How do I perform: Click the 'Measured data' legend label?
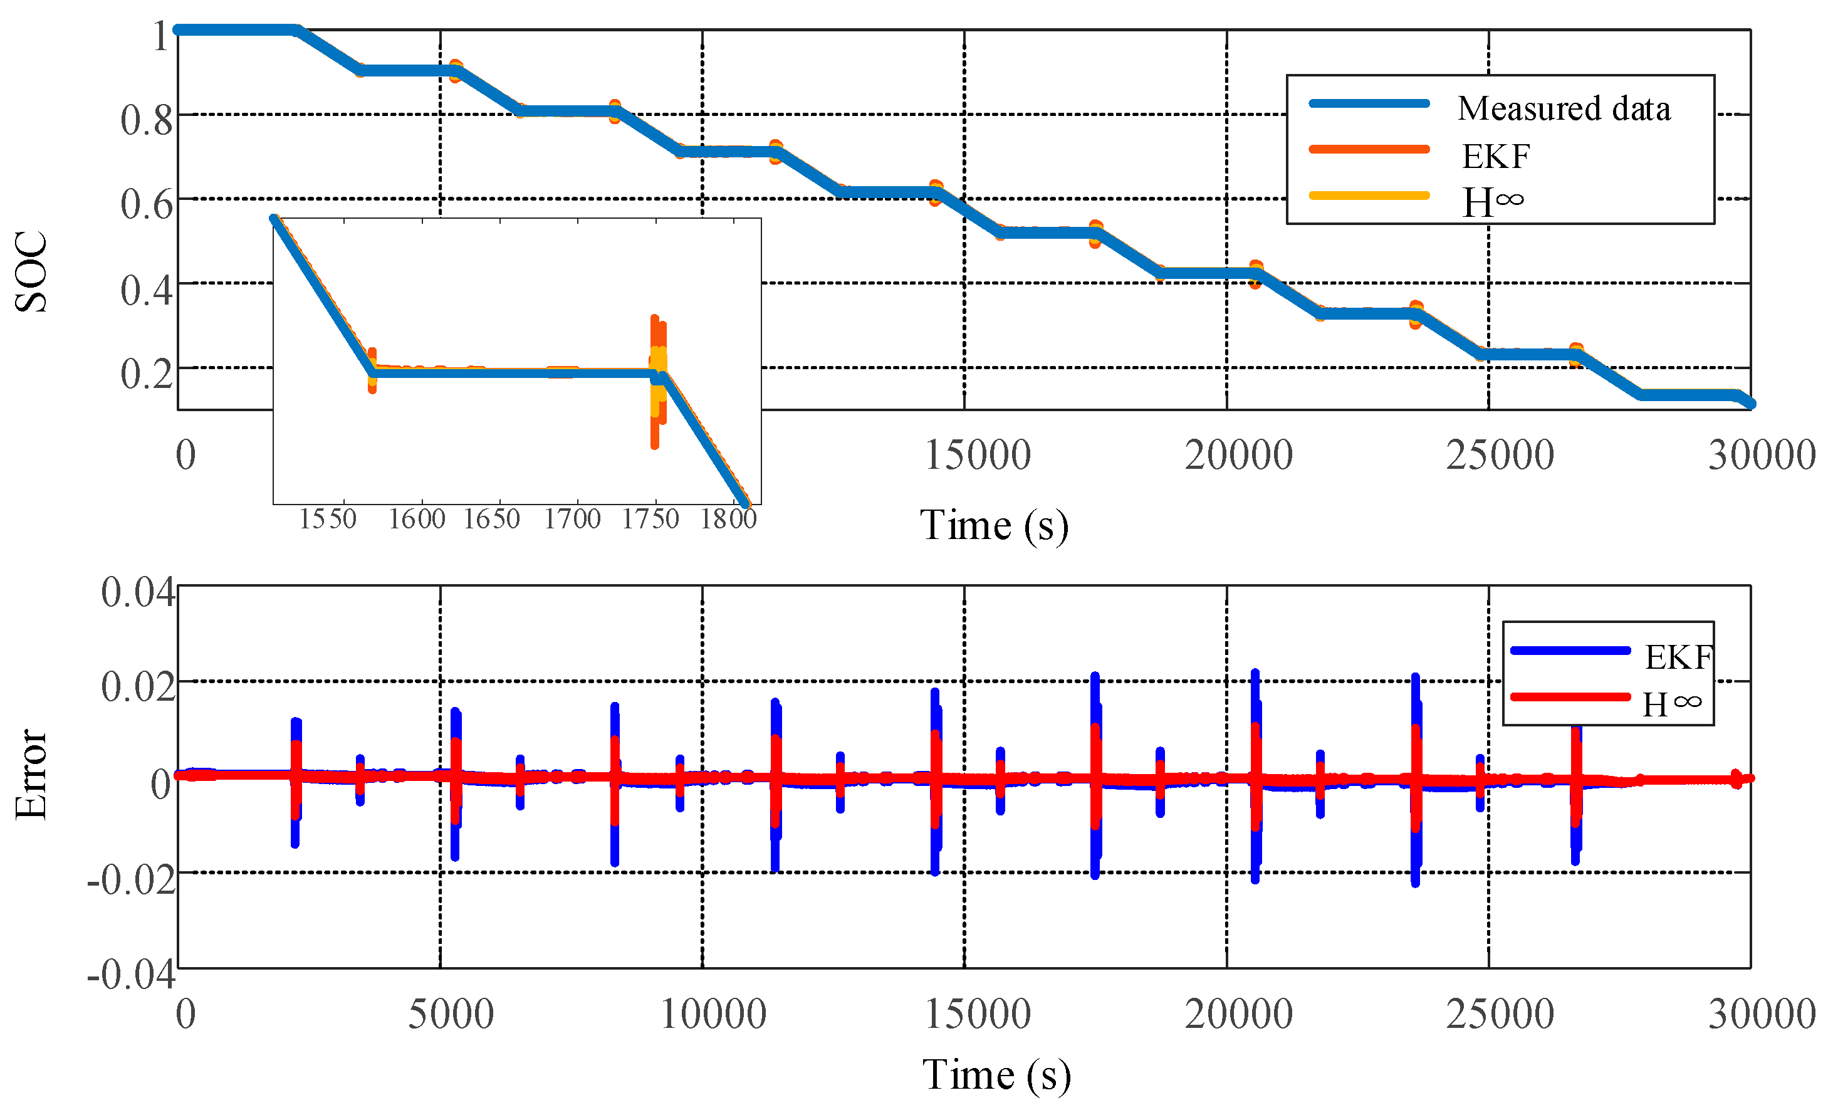coord(1564,108)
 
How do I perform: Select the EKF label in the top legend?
coord(1495,156)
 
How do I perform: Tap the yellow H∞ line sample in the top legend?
coord(1369,196)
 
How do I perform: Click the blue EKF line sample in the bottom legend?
coord(1570,650)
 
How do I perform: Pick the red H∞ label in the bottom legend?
coord(1671,704)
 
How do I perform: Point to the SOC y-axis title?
coord(31,271)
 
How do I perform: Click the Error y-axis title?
coord(31,773)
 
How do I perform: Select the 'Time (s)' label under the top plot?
coord(994,525)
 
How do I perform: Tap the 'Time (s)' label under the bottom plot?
coord(996,1074)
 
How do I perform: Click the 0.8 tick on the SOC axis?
coord(146,119)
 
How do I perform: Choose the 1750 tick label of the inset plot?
coord(650,518)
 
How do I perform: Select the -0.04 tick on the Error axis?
coord(131,973)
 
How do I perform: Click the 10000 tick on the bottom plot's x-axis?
coord(713,1014)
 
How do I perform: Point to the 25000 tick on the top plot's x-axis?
coord(1500,454)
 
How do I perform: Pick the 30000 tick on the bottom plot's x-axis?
coord(1762,1014)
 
